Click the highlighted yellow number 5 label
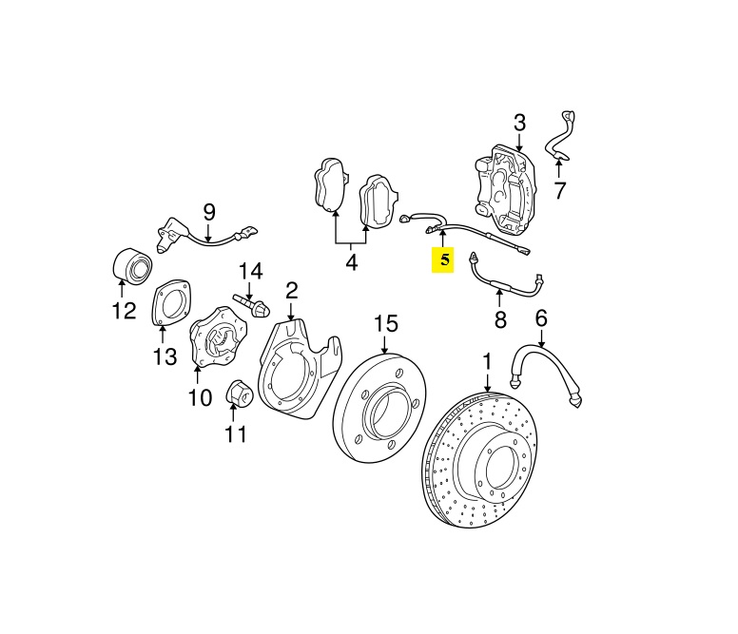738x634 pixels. click(443, 259)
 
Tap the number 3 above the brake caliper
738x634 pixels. click(519, 123)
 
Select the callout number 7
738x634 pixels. click(559, 190)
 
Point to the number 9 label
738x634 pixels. click(209, 212)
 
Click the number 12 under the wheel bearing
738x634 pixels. click(124, 310)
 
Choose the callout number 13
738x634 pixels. click(165, 356)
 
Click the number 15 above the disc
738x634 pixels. click(384, 323)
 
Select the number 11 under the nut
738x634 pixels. click(235, 434)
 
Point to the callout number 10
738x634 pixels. click(199, 396)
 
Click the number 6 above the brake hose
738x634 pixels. click(541, 317)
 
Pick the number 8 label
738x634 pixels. click(500, 318)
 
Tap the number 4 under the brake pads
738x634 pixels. click(352, 261)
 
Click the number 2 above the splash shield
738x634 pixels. click(291, 289)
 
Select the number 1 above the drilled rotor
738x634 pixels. click(488, 361)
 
